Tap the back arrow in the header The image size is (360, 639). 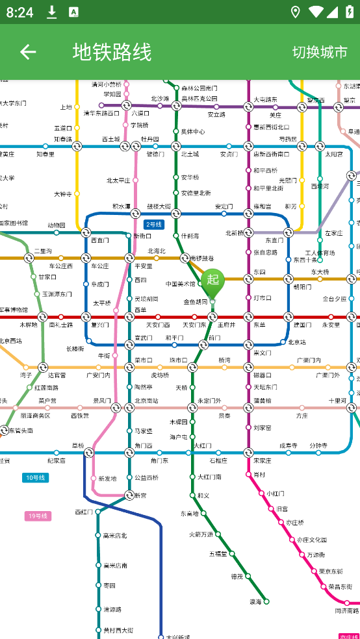coord(28,52)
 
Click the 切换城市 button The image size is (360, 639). coord(320,52)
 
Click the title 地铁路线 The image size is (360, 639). coord(112,52)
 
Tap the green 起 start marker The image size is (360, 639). coord(212,281)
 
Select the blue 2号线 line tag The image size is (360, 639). coord(154,225)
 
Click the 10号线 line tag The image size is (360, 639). coord(35,478)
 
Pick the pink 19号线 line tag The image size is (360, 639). coord(38,516)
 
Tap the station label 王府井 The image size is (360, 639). coord(226,325)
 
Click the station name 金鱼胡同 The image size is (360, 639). coord(195,302)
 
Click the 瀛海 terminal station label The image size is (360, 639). coord(255,602)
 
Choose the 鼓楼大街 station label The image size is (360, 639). coord(159,207)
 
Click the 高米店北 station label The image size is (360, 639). coord(115,536)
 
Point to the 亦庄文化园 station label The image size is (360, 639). coord(311,540)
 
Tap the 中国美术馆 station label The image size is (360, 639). coord(180,284)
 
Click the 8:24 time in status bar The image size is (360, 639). coord(19,12)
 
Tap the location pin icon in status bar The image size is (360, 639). coord(296,12)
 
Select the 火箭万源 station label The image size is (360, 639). coord(201,534)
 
